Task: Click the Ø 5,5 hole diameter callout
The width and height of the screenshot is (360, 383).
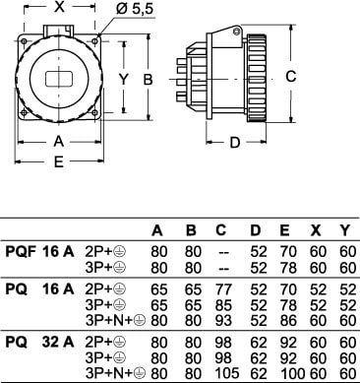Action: [135, 9]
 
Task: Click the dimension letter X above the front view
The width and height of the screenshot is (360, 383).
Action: [59, 7]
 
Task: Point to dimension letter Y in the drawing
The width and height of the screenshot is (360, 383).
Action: [123, 79]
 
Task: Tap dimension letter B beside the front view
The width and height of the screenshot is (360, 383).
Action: [149, 79]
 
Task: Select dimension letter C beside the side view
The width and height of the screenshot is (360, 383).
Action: [291, 77]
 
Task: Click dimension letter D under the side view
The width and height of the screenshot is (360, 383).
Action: [235, 143]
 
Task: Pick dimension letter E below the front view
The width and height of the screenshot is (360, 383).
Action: [59, 161]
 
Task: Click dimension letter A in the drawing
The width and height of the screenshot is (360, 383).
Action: [58, 142]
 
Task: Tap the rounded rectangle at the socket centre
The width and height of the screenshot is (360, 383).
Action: [59, 79]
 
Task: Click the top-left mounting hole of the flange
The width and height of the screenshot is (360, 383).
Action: [24, 41]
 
